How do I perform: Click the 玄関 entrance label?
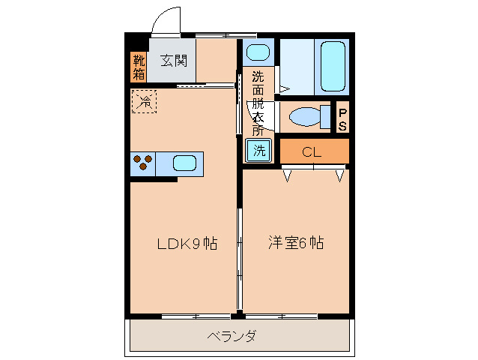pyautogui.click(x=172, y=61)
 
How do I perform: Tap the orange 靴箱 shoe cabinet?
pyautogui.click(x=139, y=66)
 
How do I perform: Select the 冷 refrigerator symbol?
pyautogui.click(x=144, y=101)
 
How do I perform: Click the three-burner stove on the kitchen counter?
pyautogui.click(x=142, y=162)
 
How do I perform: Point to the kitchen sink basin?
pyautogui.click(x=185, y=162)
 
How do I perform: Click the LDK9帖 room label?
pyautogui.click(x=187, y=244)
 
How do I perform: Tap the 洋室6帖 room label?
pyautogui.click(x=296, y=244)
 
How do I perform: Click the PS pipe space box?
pyautogui.click(x=342, y=119)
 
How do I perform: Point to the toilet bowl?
pyautogui.click(x=304, y=118)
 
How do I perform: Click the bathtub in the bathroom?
pyautogui.click(x=332, y=66)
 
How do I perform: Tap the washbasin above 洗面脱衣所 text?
pyautogui.click(x=258, y=52)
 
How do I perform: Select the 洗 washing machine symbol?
pyautogui.click(x=258, y=150)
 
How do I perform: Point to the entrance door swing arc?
pyautogui.click(x=166, y=19)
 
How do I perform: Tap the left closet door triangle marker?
pyautogui.click(x=287, y=176)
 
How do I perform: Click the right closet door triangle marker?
pyautogui.click(x=340, y=176)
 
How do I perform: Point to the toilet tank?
pyautogui.click(x=326, y=118)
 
